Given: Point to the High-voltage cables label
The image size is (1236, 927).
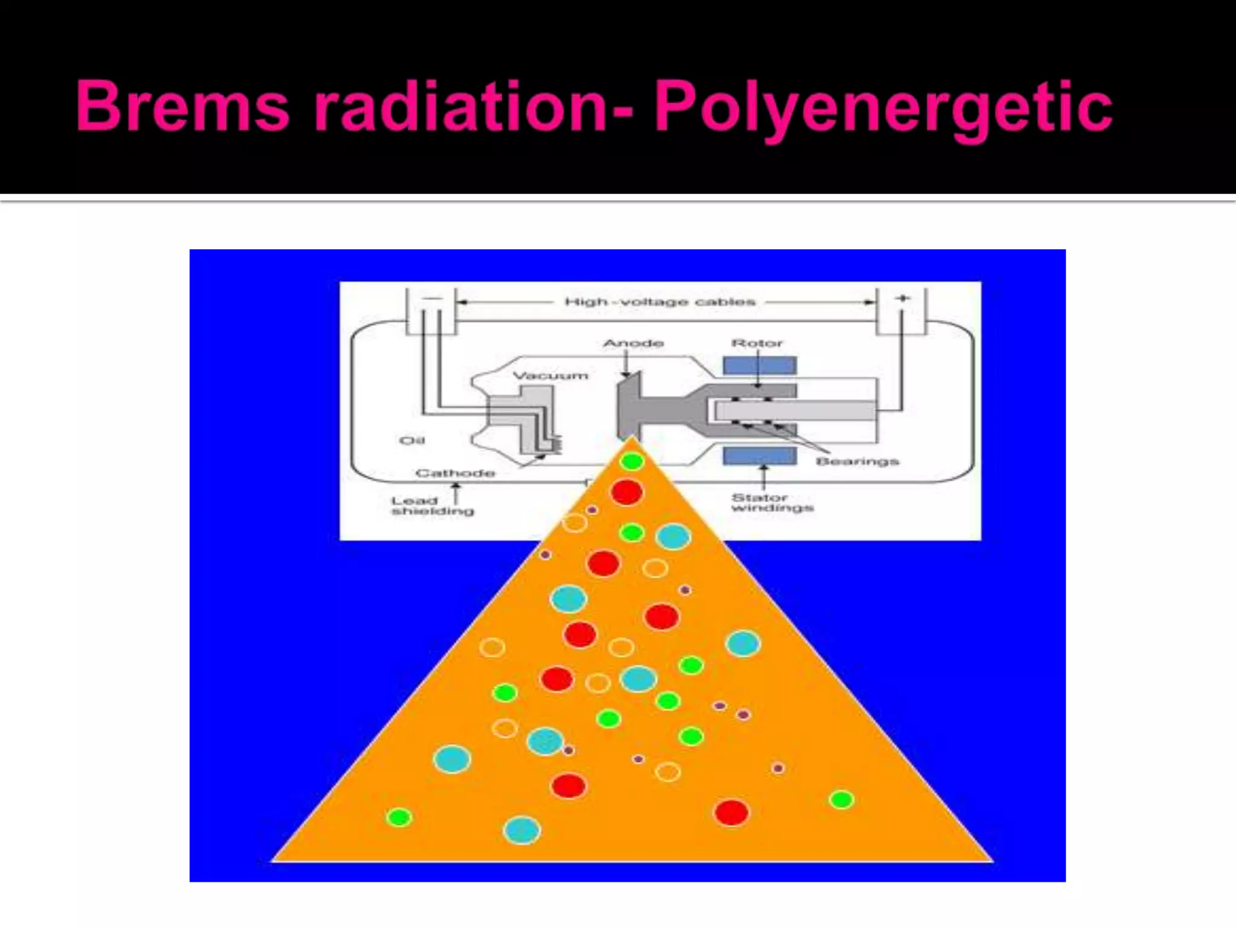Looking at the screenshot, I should (660, 301).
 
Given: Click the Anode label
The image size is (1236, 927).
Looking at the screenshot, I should (633, 343).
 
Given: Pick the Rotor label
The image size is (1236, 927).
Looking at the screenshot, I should (757, 343).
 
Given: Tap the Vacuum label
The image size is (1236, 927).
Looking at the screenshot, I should (550, 375).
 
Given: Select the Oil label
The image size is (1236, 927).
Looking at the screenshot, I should (412, 441).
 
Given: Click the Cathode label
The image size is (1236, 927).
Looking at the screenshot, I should (455, 473).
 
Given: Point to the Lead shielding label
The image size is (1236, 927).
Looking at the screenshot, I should (432, 506).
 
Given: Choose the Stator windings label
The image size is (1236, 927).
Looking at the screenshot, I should (772, 502).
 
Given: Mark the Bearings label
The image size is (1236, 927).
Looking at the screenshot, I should (857, 462).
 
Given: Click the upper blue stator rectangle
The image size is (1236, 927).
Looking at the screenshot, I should (760, 365).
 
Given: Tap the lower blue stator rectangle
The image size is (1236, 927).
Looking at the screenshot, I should (760, 456).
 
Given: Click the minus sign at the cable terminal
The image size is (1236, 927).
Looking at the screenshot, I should (432, 298).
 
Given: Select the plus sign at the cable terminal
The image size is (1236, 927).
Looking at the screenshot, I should (902, 298).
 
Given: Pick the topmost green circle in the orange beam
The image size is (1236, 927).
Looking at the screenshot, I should (632, 462).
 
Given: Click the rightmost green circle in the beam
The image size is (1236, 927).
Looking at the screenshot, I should (841, 800).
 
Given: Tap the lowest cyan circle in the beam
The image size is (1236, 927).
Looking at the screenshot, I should (522, 830).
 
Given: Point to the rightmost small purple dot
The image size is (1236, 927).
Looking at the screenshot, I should (778, 768).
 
